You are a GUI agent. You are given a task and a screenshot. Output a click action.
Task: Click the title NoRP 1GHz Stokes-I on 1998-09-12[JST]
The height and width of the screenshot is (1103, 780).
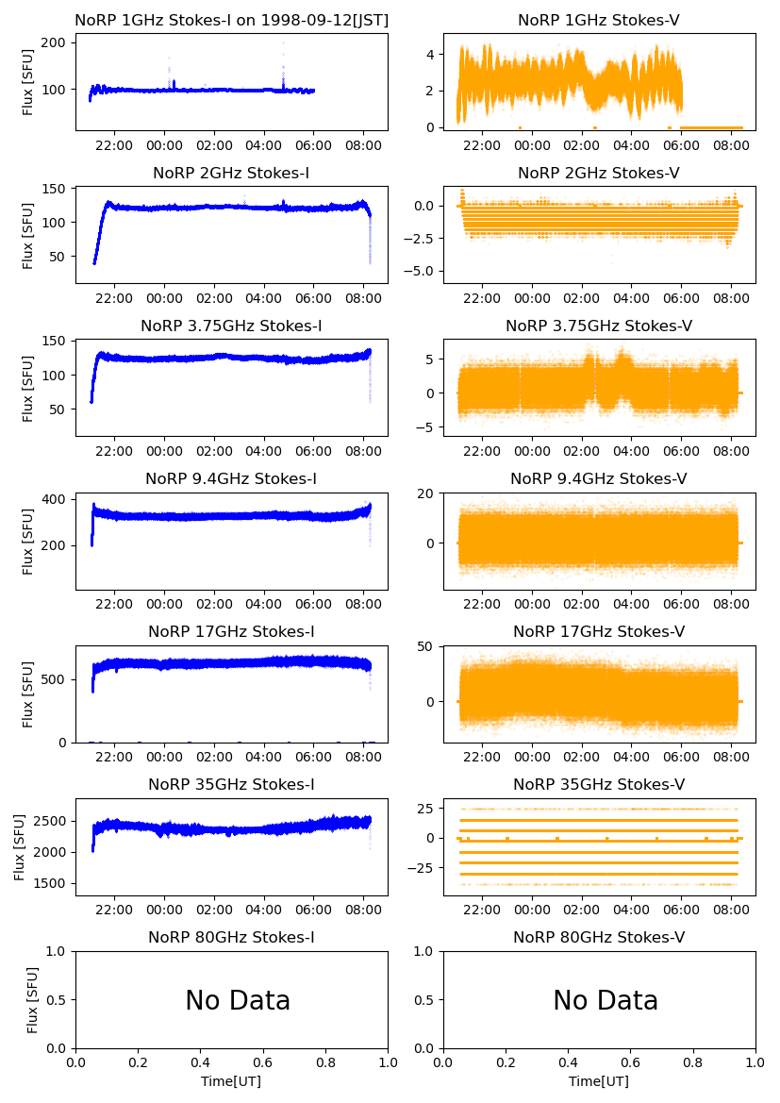231,20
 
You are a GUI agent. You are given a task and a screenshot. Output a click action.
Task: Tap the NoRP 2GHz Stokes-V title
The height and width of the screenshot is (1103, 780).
599,173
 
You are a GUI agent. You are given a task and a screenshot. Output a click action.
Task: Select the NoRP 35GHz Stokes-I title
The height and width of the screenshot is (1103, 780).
231,784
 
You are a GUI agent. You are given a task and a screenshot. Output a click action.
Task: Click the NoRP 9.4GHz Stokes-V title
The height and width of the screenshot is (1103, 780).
599,478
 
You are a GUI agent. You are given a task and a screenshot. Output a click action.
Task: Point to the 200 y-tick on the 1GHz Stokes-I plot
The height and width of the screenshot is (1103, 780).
53,43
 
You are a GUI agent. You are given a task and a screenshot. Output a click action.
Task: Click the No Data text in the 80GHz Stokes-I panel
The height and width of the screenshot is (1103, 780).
238,1000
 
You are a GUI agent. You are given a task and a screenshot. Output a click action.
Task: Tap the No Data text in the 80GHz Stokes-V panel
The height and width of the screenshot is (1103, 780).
606,1000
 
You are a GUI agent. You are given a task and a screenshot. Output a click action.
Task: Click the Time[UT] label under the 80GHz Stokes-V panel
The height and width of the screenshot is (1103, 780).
599,1080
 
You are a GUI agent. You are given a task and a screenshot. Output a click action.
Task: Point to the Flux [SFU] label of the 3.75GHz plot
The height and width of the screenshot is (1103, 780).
28,388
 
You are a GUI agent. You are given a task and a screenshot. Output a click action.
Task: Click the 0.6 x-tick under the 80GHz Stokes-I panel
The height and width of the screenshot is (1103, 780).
263,1061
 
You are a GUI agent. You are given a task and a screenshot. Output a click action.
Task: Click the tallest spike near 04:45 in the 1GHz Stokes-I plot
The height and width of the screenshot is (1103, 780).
283,43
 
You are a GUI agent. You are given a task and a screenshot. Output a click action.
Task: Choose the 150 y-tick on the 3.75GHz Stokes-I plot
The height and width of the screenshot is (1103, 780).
53,341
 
